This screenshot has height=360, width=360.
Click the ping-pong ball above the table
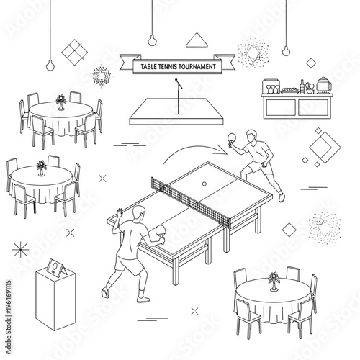[x=205, y=184]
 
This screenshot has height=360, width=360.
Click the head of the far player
[x=250, y=135]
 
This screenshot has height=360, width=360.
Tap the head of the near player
[x=140, y=212]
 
